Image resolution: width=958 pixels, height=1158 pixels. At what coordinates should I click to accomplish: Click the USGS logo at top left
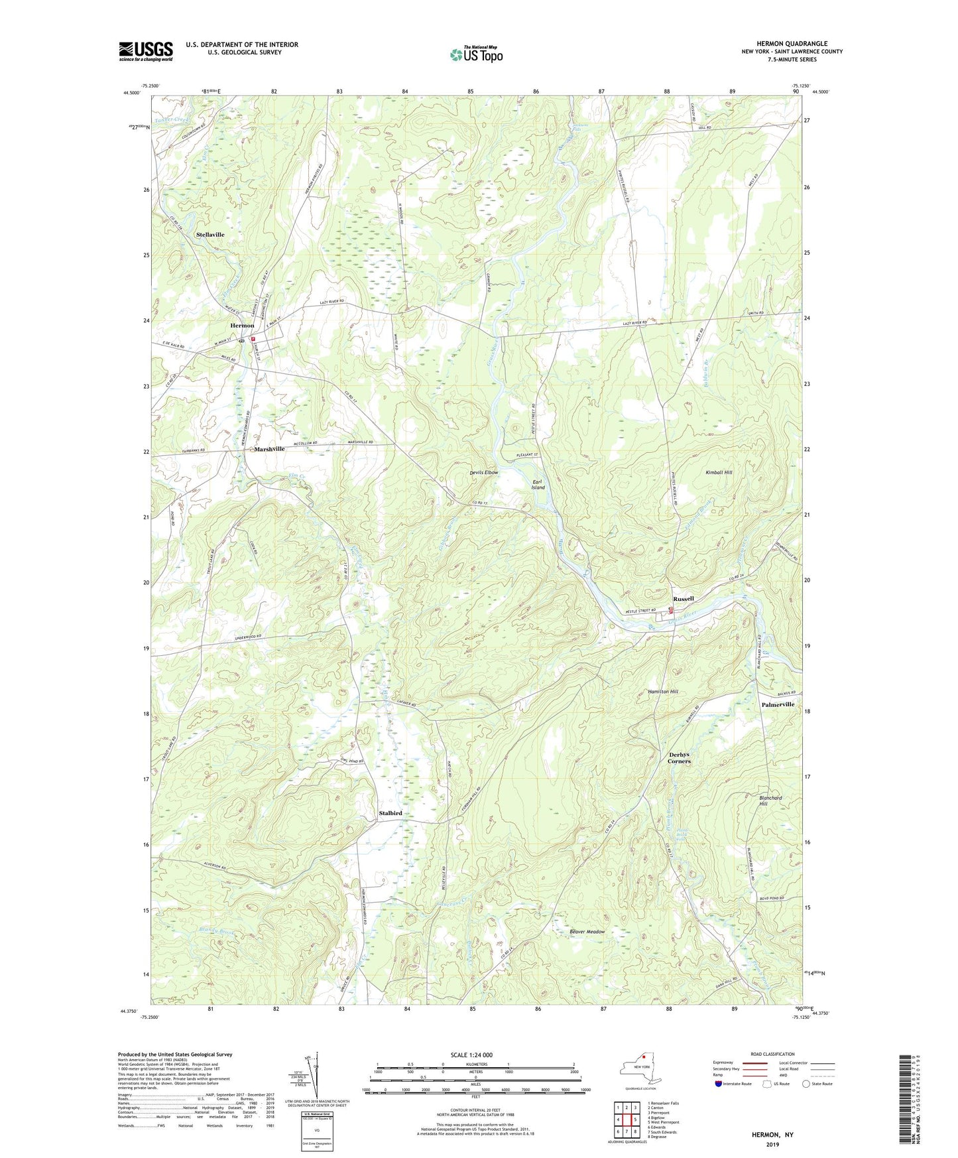click(146, 51)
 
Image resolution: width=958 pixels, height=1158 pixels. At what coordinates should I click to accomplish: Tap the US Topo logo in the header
click(476, 54)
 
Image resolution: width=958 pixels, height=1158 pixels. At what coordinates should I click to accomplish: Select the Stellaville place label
click(210, 235)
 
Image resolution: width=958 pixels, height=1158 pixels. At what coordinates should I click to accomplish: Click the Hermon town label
click(242, 326)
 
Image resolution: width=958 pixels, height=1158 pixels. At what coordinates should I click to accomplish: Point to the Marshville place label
click(269, 449)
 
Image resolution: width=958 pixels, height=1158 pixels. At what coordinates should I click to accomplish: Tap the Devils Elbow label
click(483, 472)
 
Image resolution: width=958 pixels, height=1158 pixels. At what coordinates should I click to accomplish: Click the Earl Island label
click(538, 483)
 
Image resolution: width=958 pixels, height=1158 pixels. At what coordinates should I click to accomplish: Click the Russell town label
click(684, 598)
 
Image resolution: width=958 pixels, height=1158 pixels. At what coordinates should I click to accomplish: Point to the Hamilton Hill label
click(663, 691)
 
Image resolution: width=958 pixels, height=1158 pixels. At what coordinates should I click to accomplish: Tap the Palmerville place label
click(778, 704)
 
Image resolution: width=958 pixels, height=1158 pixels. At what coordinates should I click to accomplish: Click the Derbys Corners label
click(680, 757)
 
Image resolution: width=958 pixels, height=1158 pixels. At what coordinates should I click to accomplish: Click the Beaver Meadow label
click(587, 932)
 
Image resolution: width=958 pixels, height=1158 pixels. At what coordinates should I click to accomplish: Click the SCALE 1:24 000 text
click(471, 1055)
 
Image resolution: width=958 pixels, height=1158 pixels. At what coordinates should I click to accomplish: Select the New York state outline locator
click(639, 1068)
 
